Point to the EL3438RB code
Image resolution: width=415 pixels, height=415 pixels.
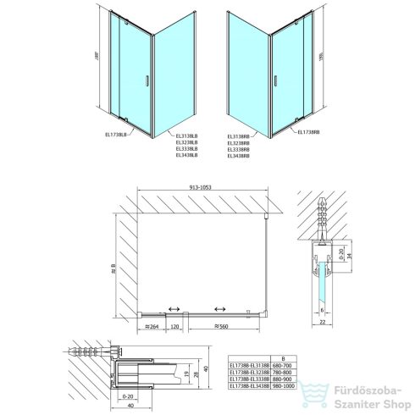pos(240,157)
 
